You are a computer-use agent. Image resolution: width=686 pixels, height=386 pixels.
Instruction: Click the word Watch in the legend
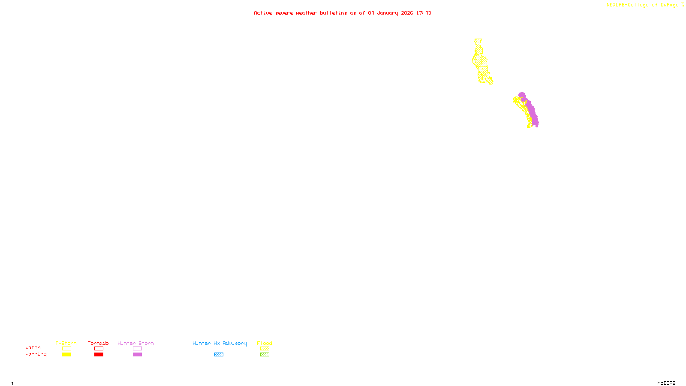33,347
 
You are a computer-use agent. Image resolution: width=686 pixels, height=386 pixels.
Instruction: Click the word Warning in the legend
36,354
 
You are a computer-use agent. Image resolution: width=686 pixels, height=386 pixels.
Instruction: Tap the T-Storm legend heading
66,343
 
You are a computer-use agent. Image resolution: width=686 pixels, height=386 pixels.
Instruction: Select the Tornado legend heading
98,343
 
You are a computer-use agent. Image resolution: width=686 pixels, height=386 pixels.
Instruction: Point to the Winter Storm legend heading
135,343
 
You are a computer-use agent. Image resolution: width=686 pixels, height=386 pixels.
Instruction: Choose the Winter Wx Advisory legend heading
220,343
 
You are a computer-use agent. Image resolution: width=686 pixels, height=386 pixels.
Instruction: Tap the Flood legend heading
265,343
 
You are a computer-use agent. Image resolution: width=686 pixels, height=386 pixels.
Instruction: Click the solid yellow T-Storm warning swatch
66,355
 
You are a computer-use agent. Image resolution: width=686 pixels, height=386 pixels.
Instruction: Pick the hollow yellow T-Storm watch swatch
66,349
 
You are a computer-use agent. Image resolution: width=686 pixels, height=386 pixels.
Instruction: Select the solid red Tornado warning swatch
99,355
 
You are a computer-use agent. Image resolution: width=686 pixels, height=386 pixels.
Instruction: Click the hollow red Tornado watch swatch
99,349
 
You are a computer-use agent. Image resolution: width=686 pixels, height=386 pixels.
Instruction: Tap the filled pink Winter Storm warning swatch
137,355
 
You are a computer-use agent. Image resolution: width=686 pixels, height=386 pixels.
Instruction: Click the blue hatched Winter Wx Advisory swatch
219,355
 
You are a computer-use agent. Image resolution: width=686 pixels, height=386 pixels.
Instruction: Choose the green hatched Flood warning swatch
265,355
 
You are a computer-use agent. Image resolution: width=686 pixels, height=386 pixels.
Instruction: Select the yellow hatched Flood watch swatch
265,349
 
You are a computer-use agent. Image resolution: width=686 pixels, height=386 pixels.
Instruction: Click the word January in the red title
388,13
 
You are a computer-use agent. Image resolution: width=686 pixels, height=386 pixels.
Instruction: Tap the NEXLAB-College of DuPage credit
643,5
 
